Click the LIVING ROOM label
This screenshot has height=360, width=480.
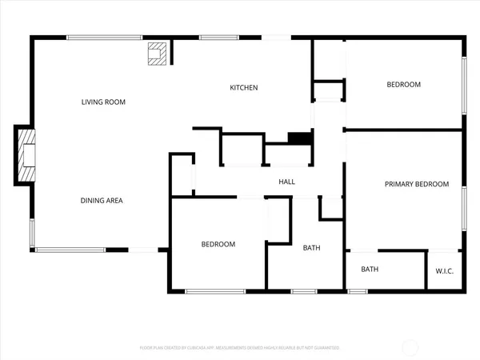[104, 102]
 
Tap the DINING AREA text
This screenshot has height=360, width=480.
[102, 200]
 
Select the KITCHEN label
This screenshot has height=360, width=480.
[244, 87]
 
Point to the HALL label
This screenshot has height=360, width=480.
[287, 182]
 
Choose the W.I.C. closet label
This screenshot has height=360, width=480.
[445, 270]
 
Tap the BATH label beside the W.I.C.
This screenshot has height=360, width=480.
[370, 270]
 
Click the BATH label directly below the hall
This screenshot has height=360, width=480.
[311, 248]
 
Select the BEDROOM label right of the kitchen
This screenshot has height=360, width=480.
[404, 84]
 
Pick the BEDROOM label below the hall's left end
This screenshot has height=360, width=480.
[218, 244]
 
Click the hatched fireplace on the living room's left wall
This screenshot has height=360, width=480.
[27, 154]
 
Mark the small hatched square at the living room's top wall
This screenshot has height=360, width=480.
[155, 54]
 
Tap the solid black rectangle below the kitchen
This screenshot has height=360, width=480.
[299, 138]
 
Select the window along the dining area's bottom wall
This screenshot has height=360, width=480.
[70, 250]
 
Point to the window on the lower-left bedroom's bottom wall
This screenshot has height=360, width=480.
[215, 291]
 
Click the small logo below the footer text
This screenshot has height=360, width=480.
[240, 354]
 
